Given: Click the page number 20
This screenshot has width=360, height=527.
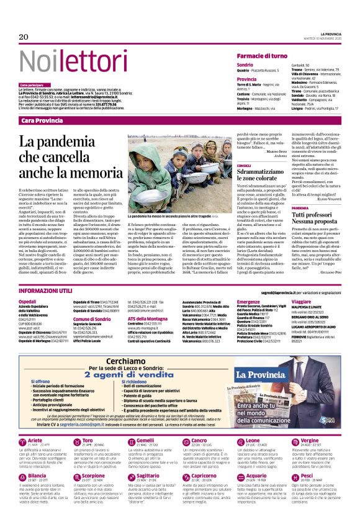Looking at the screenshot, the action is click(x=24, y=37).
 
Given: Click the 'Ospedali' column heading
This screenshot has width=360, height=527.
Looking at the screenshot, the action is click(x=28, y=301).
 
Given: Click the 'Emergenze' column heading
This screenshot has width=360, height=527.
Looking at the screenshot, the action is click(x=232, y=301).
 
